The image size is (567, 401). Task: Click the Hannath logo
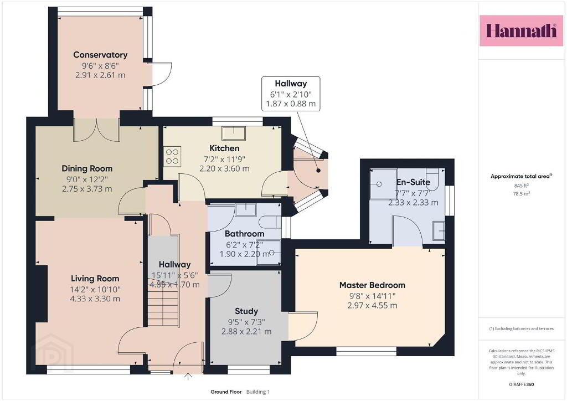(521, 30)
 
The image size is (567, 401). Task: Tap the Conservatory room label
(100, 55)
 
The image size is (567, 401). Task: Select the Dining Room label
(87, 168)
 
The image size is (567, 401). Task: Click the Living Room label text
(95, 279)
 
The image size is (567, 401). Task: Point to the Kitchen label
(224, 148)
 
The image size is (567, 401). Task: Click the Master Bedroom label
(372, 285)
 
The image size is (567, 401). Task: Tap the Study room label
(246, 311)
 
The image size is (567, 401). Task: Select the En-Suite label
(413, 182)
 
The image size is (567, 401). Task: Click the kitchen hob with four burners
(172, 156)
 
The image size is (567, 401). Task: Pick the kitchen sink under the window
(234, 133)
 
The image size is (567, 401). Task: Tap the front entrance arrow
(188, 377)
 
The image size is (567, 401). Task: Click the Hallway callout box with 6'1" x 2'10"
(291, 94)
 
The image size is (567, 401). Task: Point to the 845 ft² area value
(521, 186)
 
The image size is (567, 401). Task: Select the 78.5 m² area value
(521, 194)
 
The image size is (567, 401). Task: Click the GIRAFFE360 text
(521, 384)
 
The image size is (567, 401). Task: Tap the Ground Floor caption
(226, 392)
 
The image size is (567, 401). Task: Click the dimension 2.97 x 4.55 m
(372, 306)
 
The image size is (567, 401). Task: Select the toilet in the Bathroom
(269, 222)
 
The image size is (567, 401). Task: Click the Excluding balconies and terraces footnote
(521, 328)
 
